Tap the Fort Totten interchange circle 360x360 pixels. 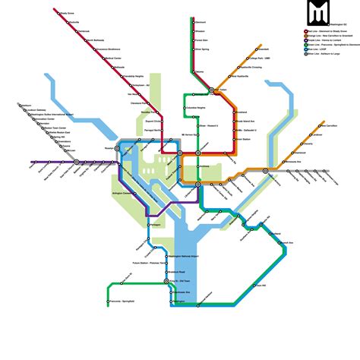(216, 90)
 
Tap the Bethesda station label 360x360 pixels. (119, 67)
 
